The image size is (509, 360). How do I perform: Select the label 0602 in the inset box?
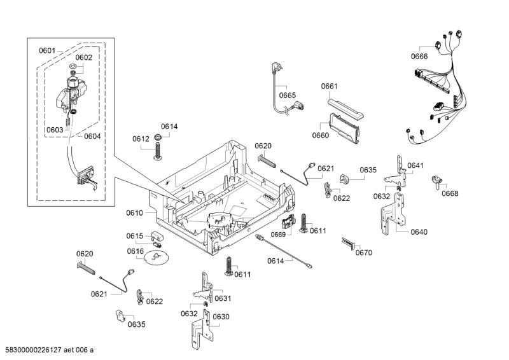coord(84,57)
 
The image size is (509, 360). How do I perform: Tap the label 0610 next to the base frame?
coord(135,212)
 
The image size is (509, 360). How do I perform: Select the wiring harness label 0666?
coord(419,56)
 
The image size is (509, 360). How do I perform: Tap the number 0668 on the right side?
coord(450,193)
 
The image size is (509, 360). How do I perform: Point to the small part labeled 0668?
coord(437,183)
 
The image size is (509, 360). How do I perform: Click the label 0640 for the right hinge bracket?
coord(419,232)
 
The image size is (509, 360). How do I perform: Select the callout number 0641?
coord(415,165)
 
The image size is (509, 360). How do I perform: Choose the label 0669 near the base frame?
coord(279,235)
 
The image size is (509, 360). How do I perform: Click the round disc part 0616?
coord(155,258)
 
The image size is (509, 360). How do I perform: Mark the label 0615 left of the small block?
coord(135,236)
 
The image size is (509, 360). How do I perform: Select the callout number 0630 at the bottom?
coord(221,317)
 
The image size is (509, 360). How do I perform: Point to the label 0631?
coord(223,298)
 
